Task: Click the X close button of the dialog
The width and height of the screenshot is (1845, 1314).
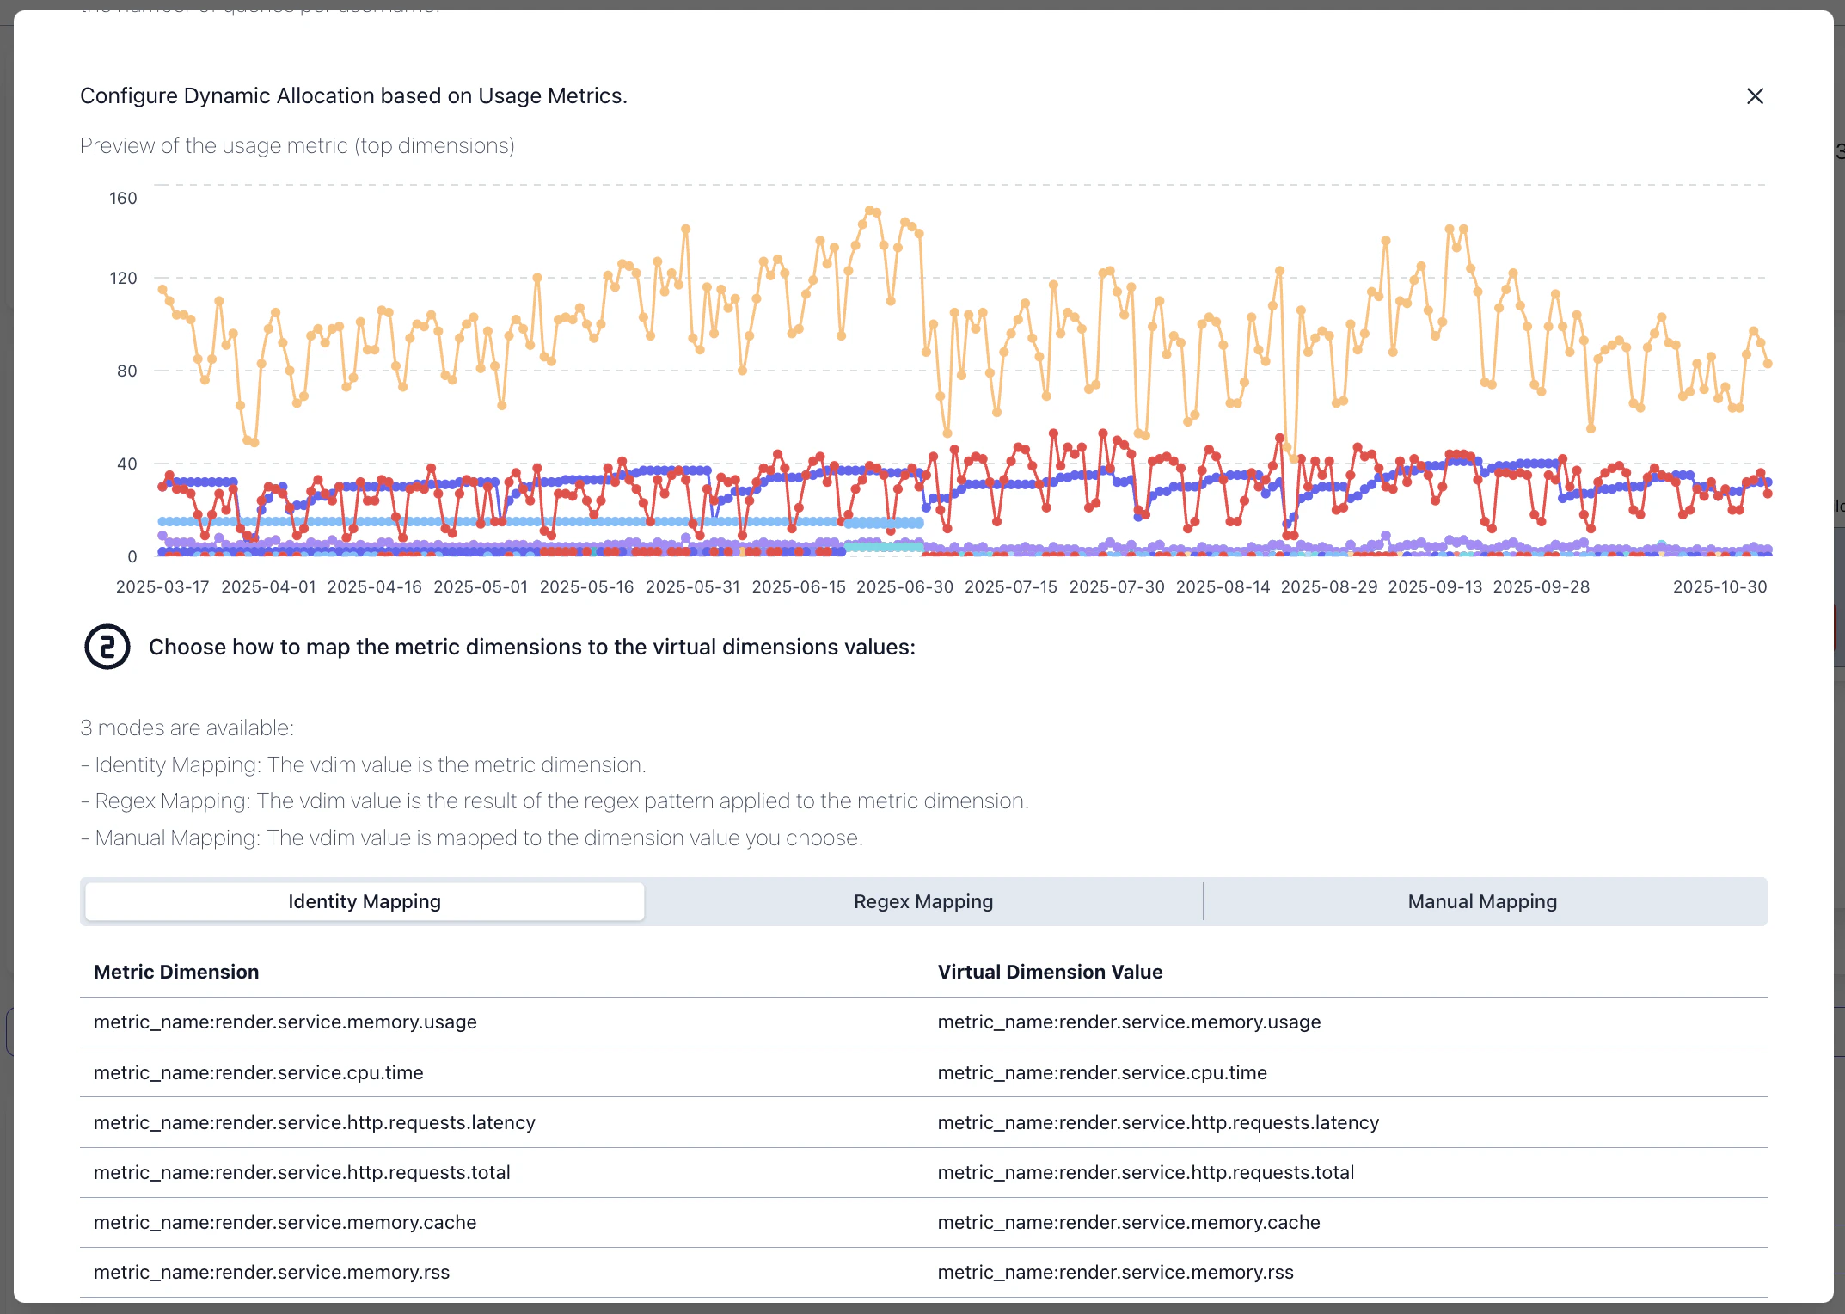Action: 1755,96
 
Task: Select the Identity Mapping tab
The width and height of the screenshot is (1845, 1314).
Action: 365,901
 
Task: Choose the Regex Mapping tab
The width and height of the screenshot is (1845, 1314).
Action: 923,901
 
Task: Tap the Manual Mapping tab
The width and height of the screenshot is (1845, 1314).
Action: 1482,901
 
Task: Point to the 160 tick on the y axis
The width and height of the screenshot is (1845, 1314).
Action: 123,199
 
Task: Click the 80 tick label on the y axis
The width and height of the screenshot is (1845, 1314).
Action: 126,371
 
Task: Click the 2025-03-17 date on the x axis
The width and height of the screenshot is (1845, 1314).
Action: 162,587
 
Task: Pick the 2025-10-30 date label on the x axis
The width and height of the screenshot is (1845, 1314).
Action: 1719,587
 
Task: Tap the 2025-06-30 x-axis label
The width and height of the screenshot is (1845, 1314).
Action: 904,587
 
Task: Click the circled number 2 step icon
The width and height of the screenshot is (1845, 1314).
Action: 107,647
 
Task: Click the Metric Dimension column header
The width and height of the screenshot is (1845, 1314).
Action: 176,972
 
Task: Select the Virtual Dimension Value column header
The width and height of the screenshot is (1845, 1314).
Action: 1050,972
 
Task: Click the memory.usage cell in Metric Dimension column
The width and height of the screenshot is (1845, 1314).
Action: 285,1022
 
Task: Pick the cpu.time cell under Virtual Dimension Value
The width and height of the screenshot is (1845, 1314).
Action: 1102,1072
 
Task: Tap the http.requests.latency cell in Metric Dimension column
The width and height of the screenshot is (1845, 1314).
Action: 315,1122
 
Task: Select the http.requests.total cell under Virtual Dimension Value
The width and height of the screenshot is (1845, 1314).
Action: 1146,1172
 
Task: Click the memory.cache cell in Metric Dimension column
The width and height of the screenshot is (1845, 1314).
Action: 285,1222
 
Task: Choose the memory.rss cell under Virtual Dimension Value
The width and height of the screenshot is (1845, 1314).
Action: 1116,1272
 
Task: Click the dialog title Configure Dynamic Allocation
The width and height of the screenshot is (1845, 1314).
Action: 353,96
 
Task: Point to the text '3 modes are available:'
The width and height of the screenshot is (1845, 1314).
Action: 187,728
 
